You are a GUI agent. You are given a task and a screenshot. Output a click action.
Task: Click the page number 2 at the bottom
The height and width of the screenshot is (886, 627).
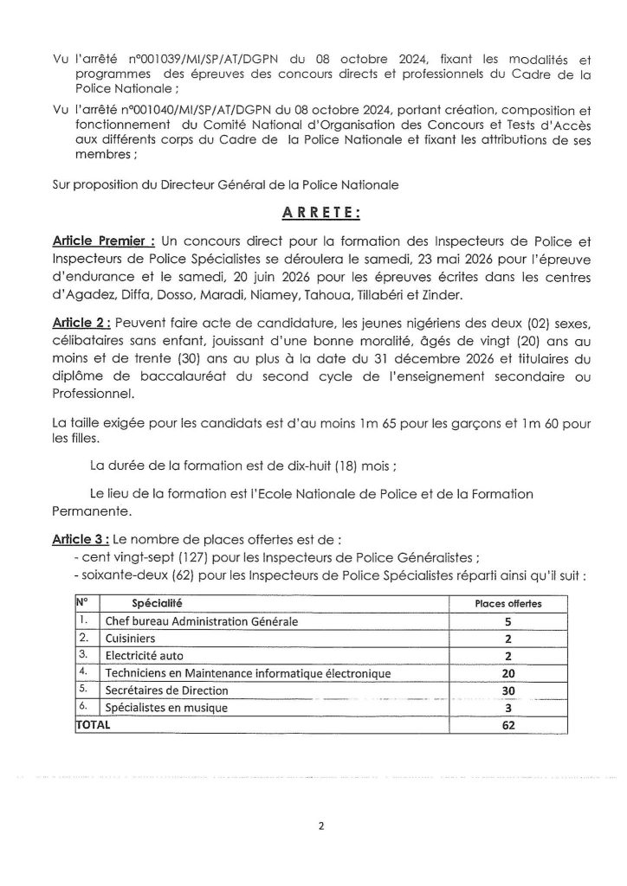(x=320, y=825)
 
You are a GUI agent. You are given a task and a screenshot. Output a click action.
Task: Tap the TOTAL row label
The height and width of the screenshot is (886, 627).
(x=94, y=725)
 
